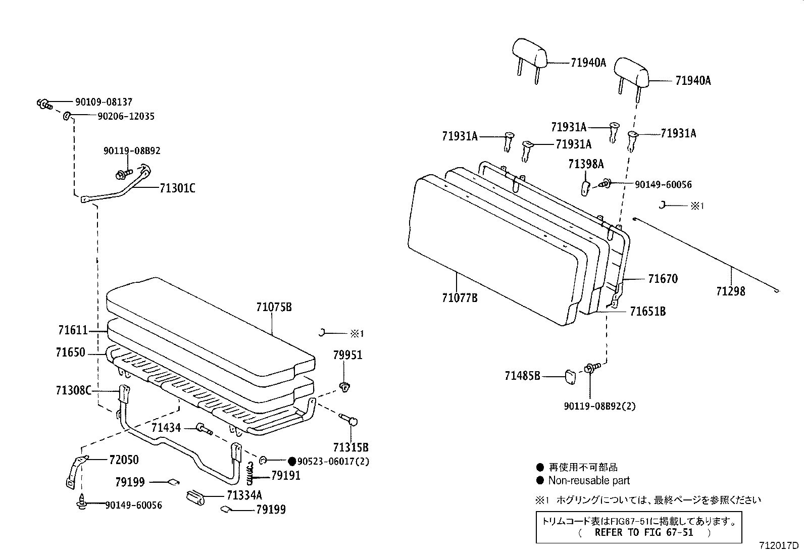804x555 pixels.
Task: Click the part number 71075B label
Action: [x=273, y=307]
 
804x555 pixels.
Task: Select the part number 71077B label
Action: [x=459, y=298]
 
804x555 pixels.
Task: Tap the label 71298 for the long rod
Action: [x=730, y=291]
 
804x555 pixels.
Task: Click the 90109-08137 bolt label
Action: [x=104, y=102]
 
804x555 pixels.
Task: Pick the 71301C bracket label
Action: [x=177, y=188]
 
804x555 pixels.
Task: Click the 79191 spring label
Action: [x=285, y=476]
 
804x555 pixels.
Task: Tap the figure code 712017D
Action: [x=779, y=546]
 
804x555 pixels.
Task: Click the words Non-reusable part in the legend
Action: [x=589, y=481]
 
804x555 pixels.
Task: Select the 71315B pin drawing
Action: [x=350, y=420]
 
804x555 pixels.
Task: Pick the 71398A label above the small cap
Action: [x=586, y=164]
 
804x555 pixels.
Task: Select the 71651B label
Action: [x=647, y=312]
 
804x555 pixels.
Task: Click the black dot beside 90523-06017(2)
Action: [x=291, y=461]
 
